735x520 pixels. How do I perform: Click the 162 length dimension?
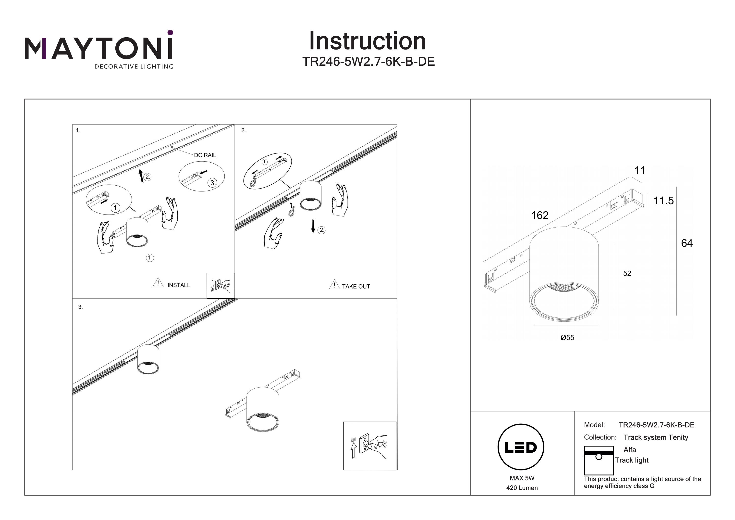click(x=540, y=215)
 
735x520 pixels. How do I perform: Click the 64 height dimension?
click(x=687, y=243)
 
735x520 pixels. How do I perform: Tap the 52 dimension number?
click(x=627, y=273)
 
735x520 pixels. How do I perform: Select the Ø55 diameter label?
click(x=567, y=337)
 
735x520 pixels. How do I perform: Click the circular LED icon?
click(x=521, y=447)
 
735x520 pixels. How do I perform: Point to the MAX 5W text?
click(x=522, y=478)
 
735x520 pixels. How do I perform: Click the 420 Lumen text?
click(x=522, y=488)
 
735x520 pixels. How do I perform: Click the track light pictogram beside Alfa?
click(x=599, y=460)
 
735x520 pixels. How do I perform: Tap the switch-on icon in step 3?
click(x=370, y=446)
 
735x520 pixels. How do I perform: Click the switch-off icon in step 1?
click(x=220, y=285)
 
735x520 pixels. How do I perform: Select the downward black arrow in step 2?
click(x=313, y=226)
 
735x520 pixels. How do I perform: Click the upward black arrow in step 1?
click(x=141, y=176)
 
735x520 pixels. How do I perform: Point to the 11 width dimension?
click(x=640, y=170)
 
